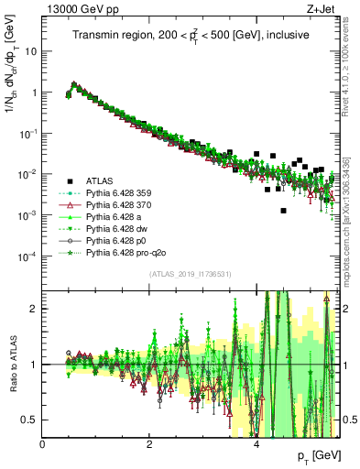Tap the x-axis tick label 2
pyautogui.click(x=149, y=445)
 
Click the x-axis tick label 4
pyautogui.click(x=256, y=445)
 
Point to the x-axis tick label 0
pyautogui.click(x=43, y=445)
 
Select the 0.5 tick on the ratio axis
pyautogui.click(x=30, y=420)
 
